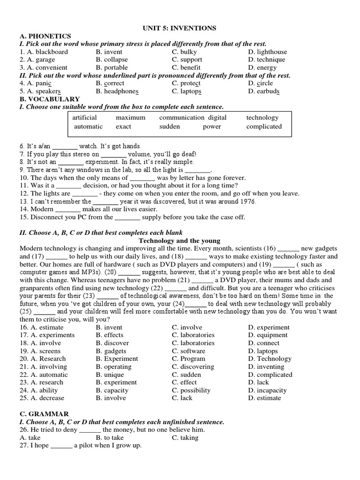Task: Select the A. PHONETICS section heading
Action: pyautogui.click(x=45, y=36)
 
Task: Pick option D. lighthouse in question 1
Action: pyautogui.click(x=267, y=52)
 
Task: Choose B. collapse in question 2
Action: pyautogui.click(x=112, y=60)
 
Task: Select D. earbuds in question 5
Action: pyautogui.click(x=264, y=91)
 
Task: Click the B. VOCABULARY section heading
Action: pyautogui.click(x=50, y=99)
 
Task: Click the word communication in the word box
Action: pyautogui.click(x=181, y=118)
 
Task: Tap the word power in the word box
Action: pyautogui.click(x=212, y=127)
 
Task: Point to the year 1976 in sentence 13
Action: pyautogui.click(x=247, y=202)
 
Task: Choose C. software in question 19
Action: pyautogui.click(x=188, y=351)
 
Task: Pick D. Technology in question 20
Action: pyautogui.click(x=270, y=359)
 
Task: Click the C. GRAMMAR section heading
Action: pyautogui.click(x=44, y=414)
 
